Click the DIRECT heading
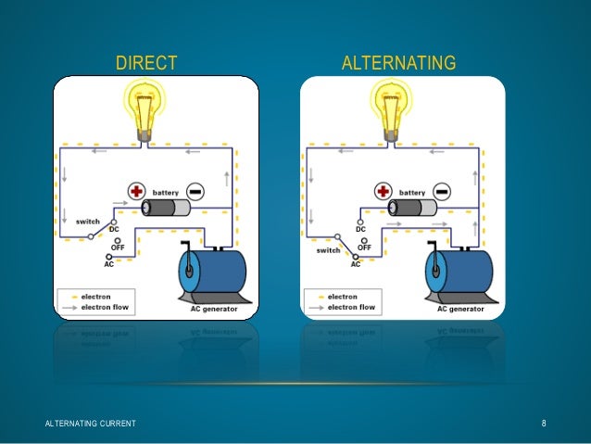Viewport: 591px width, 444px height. [x=145, y=63]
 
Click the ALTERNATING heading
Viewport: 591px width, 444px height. [x=398, y=63]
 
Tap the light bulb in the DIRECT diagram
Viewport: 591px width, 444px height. [x=147, y=106]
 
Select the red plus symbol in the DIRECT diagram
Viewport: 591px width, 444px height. [x=137, y=192]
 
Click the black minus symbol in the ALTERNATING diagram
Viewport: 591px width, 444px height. [x=441, y=192]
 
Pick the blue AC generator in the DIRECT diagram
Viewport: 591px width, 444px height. [x=212, y=274]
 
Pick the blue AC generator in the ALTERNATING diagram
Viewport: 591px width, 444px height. [x=459, y=274]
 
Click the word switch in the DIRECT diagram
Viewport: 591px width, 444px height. [x=87, y=222]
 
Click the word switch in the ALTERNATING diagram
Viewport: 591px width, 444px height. [x=328, y=250]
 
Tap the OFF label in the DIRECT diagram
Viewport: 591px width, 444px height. [x=119, y=246]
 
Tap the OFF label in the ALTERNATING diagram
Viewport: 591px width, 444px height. [x=365, y=247]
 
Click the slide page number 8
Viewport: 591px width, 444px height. [x=545, y=424]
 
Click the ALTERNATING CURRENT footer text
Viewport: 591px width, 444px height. [x=91, y=424]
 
